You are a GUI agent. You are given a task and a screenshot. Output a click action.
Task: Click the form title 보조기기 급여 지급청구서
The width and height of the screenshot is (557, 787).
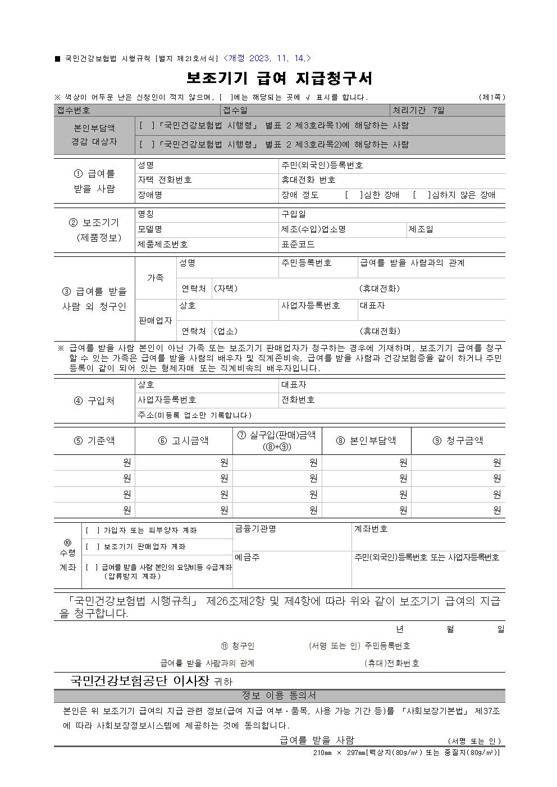point(279,78)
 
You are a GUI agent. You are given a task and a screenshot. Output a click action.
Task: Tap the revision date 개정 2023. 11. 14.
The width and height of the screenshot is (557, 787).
point(267,58)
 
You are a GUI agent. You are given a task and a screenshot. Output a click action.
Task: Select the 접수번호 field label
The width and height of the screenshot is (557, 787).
point(74,111)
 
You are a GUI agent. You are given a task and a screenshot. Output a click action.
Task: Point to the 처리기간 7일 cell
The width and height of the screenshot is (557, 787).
point(418,111)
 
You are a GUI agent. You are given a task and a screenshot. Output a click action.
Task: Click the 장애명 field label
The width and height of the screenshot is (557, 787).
point(150,195)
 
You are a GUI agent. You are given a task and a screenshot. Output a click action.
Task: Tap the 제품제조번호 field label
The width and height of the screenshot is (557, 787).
point(163,245)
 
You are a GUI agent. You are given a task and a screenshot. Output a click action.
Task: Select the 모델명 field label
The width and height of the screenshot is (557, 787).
point(150,229)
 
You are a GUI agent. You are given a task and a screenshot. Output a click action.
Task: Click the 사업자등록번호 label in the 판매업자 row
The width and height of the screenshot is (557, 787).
point(311,306)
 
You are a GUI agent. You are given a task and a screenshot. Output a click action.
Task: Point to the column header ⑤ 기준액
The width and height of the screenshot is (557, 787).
point(94,441)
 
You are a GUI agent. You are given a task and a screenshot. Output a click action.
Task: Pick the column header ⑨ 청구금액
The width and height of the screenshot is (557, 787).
point(458,441)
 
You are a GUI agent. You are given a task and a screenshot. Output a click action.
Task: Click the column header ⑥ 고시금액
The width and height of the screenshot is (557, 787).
point(183,441)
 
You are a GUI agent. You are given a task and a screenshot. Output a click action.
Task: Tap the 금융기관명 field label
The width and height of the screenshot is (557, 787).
point(255,529)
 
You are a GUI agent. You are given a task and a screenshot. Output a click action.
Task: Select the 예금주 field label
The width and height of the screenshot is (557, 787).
point(247,558)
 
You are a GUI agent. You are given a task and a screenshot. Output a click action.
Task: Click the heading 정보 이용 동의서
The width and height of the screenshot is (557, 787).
point(279,696)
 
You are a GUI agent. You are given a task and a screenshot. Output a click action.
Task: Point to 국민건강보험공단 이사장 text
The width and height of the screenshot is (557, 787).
point(139,681)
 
